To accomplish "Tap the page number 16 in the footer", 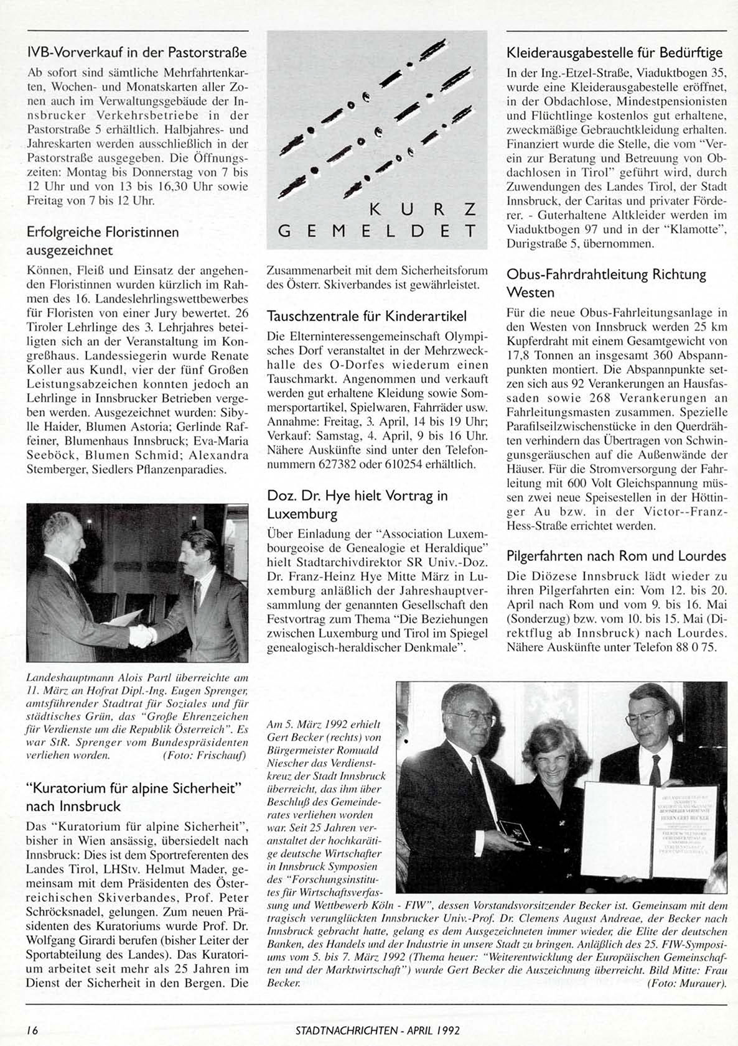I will (x=32, y=1029).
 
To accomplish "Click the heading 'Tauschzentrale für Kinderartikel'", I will (x=367, y=316).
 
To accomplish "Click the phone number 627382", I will (x=338, y=464).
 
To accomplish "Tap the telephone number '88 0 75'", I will (x=694, y=647).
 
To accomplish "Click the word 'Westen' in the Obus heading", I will (x=530, y=292).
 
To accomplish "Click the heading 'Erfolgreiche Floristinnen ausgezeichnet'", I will (x=103, y=241).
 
